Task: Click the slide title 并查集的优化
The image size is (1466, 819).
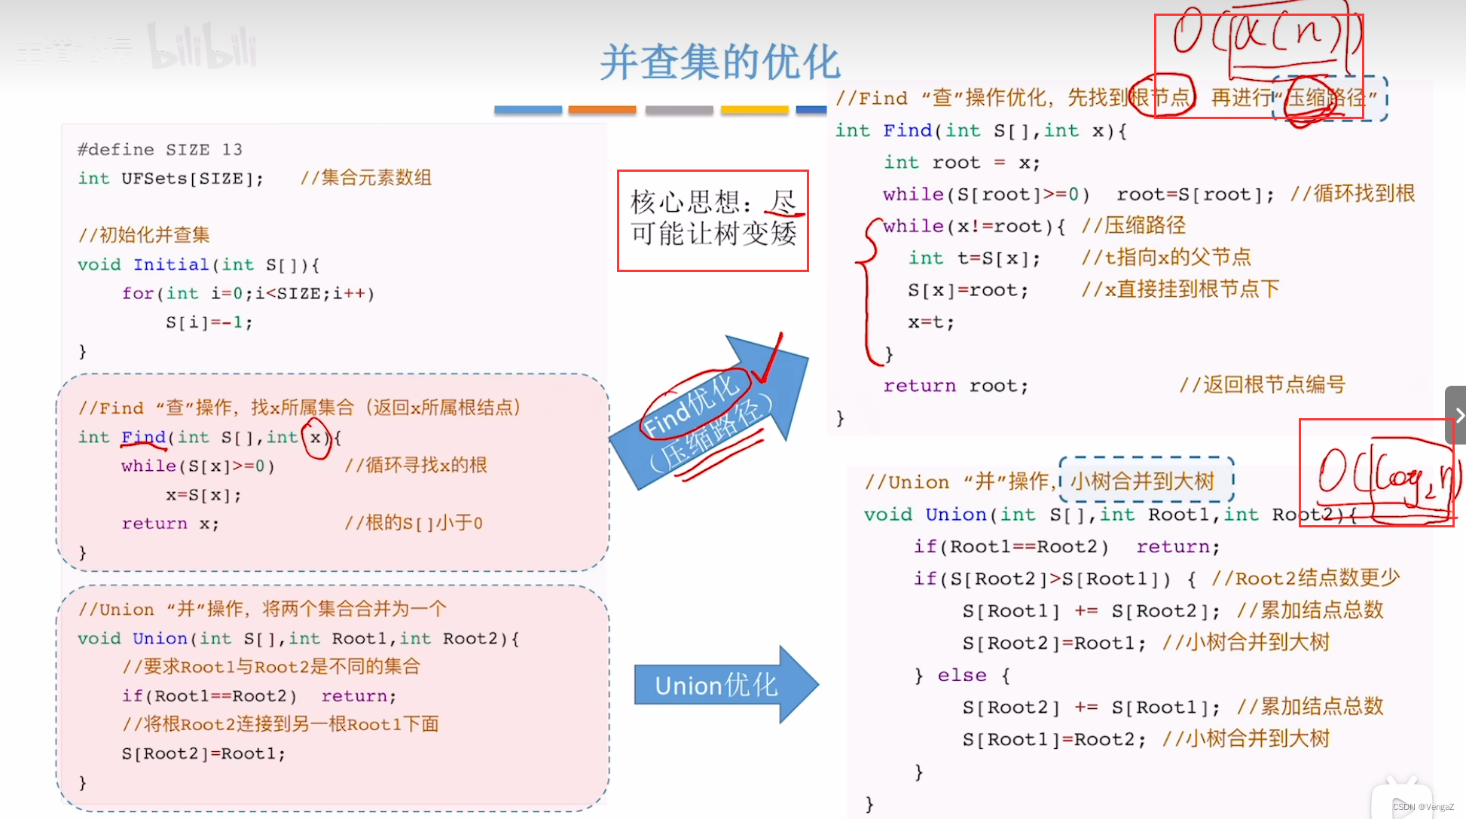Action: (719, 62)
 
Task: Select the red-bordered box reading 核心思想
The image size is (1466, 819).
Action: (713, 220)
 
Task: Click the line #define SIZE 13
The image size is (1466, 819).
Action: (160, 149)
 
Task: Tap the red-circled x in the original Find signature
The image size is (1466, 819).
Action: (316, 438)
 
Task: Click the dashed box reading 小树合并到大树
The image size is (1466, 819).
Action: (1145, 481)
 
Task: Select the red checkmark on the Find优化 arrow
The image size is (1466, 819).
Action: (768, 361)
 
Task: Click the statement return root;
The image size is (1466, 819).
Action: (955, 386)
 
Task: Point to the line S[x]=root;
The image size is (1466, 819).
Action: (967, 290)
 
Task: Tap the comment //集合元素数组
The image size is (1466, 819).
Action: (366, 178)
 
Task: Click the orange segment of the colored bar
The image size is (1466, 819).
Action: (602, 110)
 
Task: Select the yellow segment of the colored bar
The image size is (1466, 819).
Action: (754, 110)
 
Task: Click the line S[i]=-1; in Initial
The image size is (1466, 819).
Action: (209, 322)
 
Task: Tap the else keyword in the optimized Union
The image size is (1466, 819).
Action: (962, 675)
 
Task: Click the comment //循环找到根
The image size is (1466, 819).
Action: (1352, 194)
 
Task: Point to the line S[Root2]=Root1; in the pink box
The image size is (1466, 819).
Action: (203, 753)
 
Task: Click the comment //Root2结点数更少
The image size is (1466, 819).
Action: (1306, 578)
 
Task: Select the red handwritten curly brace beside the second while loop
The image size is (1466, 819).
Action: (868, 290)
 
